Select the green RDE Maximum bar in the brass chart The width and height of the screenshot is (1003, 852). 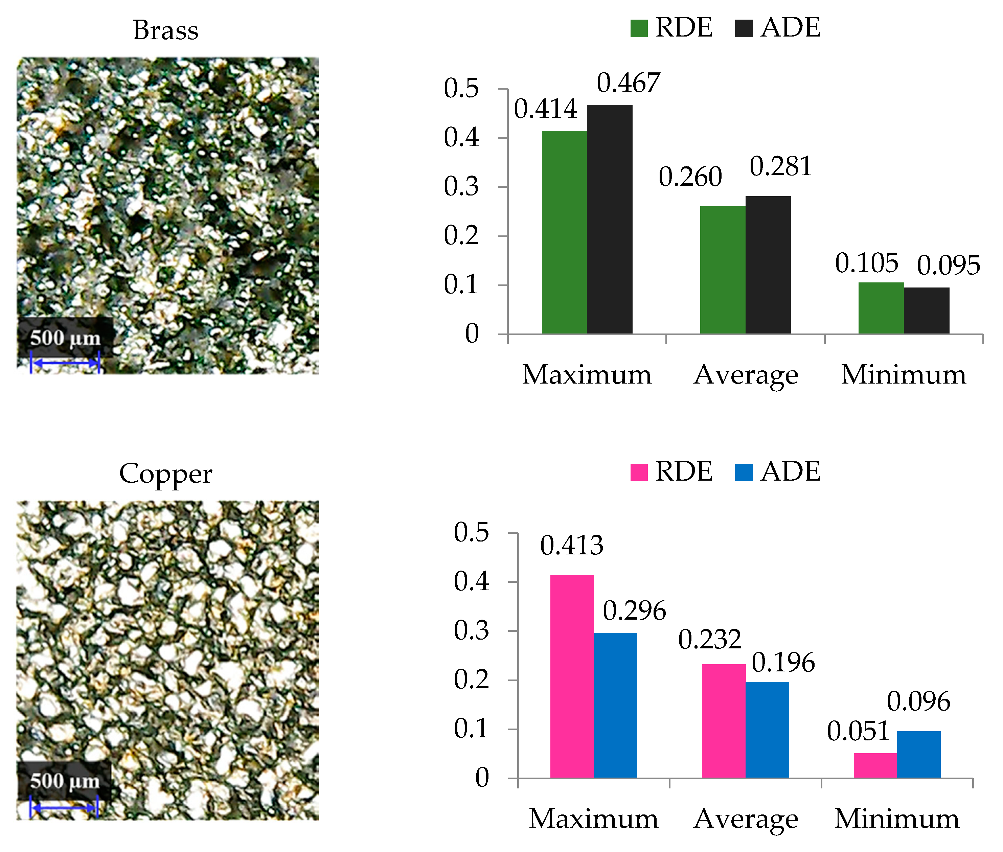[564, 232]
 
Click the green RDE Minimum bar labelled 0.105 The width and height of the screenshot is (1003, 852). [881, 308]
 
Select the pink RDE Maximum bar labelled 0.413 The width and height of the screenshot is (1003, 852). [572, 676]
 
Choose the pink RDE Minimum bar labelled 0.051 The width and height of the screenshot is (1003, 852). [875, 765]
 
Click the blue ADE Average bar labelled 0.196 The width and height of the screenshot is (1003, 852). [767, 729]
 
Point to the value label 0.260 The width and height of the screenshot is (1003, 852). [690, 177]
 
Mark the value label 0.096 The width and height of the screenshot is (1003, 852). [918, 701]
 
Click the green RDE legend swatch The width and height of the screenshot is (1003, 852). [639, 28]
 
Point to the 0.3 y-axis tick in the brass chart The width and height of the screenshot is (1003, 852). [461, 187]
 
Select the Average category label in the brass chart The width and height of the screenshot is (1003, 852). [746, 375]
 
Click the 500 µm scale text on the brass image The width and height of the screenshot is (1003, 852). [65, 338]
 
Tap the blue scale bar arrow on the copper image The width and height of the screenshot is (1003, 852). [64, 808]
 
